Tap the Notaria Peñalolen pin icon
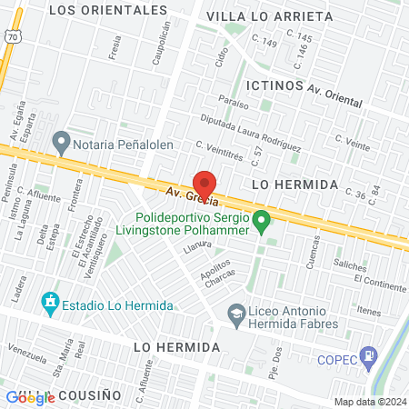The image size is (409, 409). pos(62,142)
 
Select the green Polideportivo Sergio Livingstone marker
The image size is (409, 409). pos(262,219)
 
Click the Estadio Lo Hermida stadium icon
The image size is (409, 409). pos(50,301)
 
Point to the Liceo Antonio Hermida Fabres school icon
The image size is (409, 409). pos(235,312)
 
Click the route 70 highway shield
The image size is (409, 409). pos(11,35)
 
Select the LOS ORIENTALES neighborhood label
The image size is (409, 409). pos(108,10)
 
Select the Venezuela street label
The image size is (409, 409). pos(25,349)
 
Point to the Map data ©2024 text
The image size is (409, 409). pos(370,402)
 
